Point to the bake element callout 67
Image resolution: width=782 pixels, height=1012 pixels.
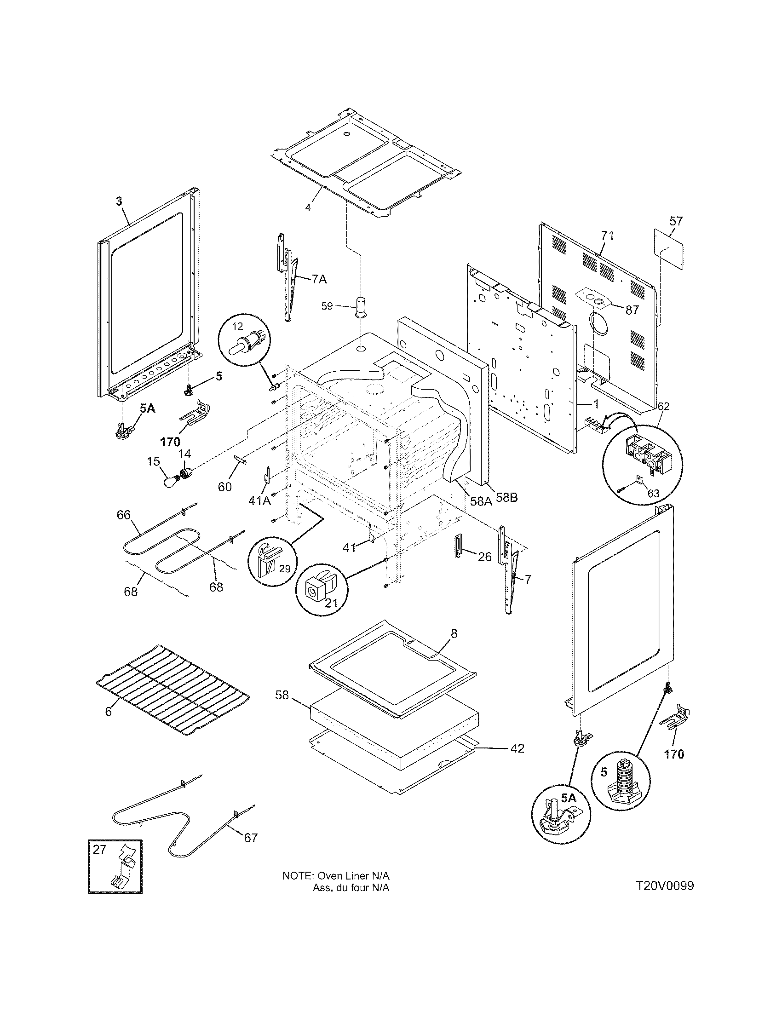(x=250, y=838)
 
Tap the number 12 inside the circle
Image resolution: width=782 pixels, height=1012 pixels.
(x=237, y=326)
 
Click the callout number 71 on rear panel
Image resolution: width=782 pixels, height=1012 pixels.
(x=607, y=236)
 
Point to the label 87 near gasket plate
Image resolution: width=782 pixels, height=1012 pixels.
(x=632, y=310)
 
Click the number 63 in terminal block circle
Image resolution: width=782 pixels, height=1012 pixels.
(x=653, y=494)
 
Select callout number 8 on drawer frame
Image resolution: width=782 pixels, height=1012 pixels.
(x=454, y=633)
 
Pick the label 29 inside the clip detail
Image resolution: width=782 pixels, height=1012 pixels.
(x=284, y=569)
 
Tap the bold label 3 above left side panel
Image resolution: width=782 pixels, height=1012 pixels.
(x=119, y=201)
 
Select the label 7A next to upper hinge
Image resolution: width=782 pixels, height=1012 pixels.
(x=318, y=279)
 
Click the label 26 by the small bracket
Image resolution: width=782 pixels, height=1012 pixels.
(x=484, y=556)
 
